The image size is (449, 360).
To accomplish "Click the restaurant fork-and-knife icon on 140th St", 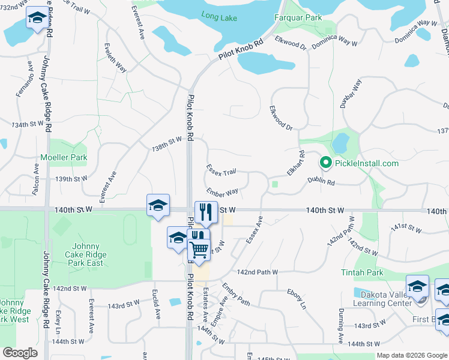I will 206,212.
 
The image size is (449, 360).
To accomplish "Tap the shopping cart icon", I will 199,248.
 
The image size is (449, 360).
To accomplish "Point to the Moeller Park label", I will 64,158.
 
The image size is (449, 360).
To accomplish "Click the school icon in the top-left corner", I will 37,19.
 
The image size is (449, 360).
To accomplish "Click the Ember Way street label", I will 222,191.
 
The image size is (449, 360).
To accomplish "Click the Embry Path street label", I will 235,293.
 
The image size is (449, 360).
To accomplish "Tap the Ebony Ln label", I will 296,299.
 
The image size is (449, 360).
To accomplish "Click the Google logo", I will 20,353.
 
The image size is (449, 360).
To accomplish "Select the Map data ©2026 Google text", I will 411,355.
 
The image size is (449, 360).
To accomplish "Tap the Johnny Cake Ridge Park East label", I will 89,251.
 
